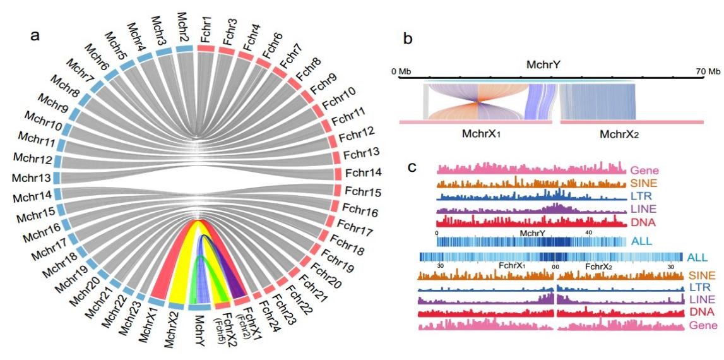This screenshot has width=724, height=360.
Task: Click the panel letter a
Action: pyautogui.click(x=37, y=35)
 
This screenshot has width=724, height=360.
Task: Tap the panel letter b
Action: pyautogui.click(x=409, y=39)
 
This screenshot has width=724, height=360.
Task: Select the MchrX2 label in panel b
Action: pyautogui.click(x=624, y=135)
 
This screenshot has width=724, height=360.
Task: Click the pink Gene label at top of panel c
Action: pyautogui.click(x=644, y=170)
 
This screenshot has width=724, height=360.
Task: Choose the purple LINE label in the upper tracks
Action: pyautogui.click(x=643, y=208)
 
